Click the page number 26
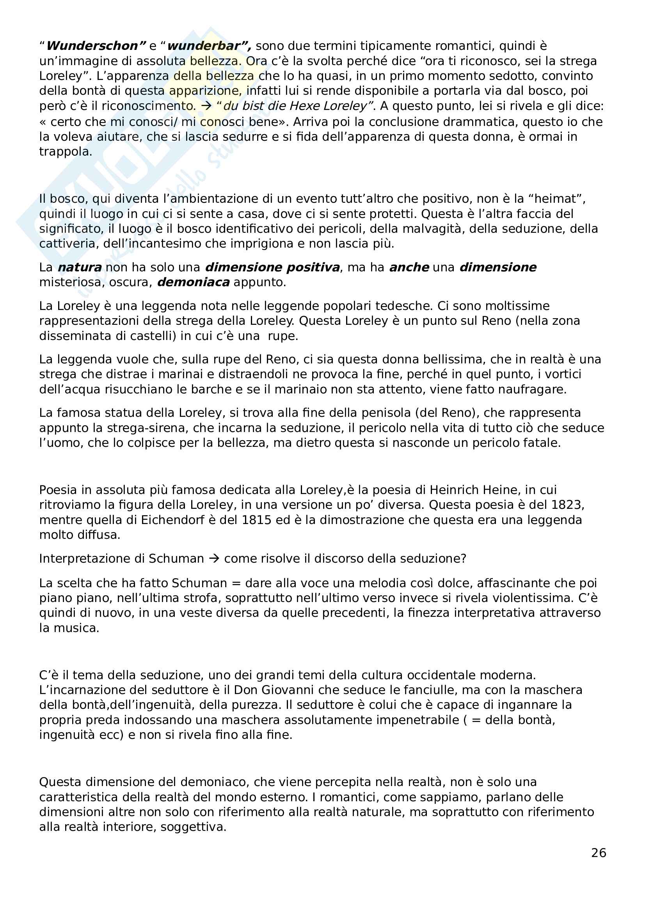point(599,853)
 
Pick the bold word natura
point(80,267)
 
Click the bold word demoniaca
point(194,282)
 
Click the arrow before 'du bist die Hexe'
point(206,106)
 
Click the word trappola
point(66,152)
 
